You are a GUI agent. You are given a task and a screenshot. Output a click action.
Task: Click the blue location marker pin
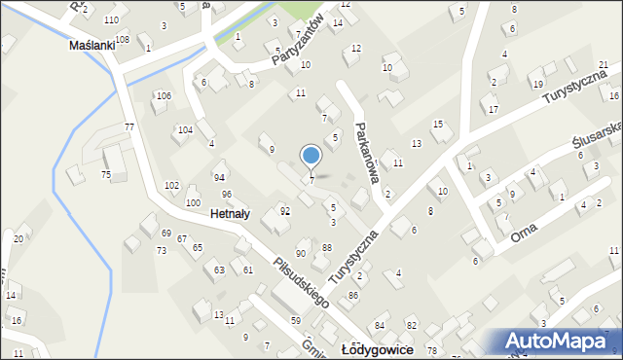pyautogui.click(x=311, y=156)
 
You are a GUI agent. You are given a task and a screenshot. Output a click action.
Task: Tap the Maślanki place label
pyautogui.click(x=92, y=45)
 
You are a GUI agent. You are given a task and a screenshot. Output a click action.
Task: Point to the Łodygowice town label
pyautogui.click(x=378, y=348)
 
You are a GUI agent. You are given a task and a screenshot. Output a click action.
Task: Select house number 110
pyautogui.click(x=112, y=20)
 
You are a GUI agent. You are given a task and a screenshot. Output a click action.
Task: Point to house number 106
pyautogui.click(x=164, y=95)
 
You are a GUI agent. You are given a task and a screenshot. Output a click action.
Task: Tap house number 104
pyautogui.click(x=184, y=129)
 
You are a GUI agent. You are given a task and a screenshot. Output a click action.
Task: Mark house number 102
pyautogui.click(x=171, y=185)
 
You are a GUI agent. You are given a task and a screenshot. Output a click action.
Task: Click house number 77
pyautogui.click(x=128, y=127)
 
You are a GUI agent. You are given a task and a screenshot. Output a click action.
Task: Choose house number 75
pyautogui.click(x=105, y=174)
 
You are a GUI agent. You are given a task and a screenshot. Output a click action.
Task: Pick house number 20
pyautogui.click(x=18, y=238)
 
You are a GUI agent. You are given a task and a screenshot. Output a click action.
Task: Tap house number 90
pyautogui.click(x=301, y=253)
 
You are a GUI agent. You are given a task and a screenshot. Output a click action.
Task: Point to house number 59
pyautogui.click(x=295, y=320)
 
